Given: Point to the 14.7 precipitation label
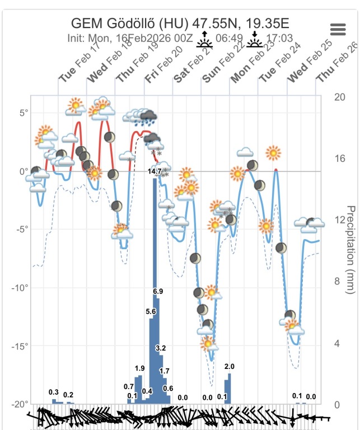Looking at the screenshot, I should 155,171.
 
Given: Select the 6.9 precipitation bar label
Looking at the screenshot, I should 158,292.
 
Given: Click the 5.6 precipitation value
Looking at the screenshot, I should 151,311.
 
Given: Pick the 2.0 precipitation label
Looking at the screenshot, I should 228,366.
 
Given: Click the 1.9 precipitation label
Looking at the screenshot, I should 140,368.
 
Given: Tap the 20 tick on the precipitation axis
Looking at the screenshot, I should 339,97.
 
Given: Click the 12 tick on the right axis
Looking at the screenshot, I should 339,220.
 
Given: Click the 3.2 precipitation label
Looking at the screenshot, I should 161,348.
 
